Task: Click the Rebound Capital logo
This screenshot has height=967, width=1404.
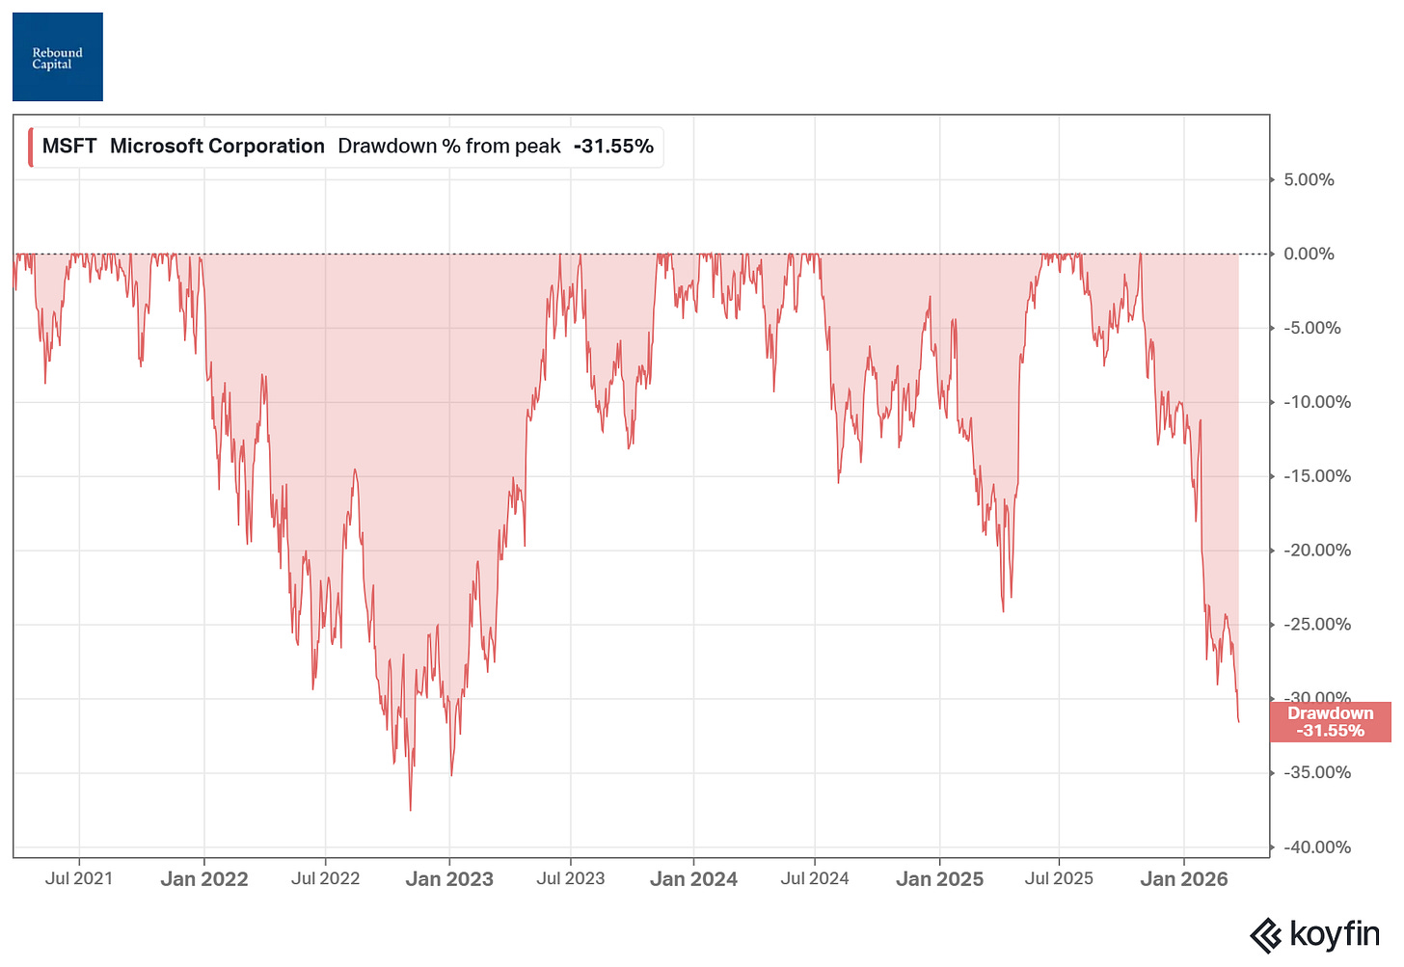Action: click(x=58, y=57)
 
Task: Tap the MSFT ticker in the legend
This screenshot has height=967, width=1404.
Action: click(x=69, y=147)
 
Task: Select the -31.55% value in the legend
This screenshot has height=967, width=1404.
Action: click(x=613, y=147)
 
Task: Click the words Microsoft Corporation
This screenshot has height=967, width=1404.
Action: click(x=217, y=147)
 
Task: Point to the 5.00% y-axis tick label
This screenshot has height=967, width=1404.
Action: click(x=1308, y=180)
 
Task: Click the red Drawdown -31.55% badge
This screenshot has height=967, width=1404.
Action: click(x=1330, y=722)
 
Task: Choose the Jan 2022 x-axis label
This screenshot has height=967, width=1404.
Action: click(x=204, y=879)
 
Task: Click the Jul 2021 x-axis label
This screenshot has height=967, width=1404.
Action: click(x=79, y=878)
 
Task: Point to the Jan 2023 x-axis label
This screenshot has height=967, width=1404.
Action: click(x=449, y=879)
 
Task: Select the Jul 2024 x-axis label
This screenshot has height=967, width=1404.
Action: click(x=815, y=878)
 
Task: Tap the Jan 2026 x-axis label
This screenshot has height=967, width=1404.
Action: click(x=1184, y=879)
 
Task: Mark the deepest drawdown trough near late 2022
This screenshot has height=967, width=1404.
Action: click(x=410, y=810)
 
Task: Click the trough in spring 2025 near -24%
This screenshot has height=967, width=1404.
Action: click(x=1003, y=611)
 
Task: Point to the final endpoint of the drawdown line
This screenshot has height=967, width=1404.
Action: click(x=1239, y=721)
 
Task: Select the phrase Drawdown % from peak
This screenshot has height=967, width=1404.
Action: click(x=449, y=147)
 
